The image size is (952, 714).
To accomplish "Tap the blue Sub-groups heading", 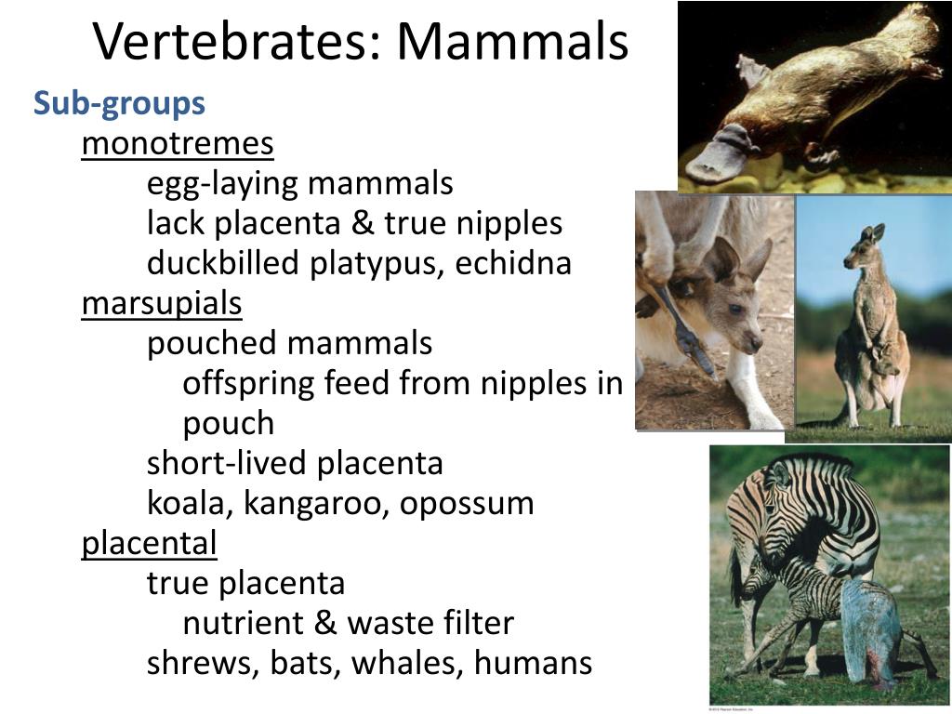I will point(119,103).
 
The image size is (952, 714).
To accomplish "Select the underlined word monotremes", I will point(178,144).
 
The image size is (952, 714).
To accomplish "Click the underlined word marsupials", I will point(162,304).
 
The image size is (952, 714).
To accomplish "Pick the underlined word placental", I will point(149,544).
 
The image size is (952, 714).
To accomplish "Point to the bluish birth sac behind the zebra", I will point(871,632).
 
